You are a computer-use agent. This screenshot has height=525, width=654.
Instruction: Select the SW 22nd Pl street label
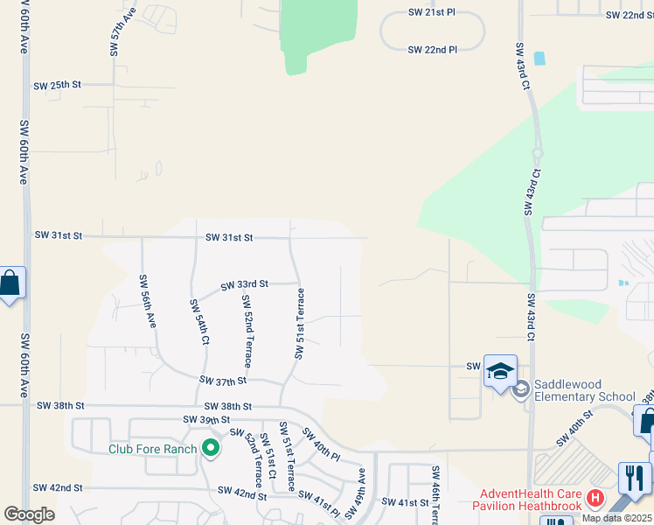pos(432,50)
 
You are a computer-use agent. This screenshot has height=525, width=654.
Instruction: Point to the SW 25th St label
pos(57,85)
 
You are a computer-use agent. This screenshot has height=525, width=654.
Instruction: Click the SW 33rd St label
pos(244,285)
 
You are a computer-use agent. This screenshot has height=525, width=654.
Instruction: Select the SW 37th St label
pos(223,381)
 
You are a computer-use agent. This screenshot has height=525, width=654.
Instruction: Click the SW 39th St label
pos(206,420)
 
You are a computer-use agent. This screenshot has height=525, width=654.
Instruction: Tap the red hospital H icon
pos(595,499)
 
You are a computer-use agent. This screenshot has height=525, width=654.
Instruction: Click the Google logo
pos(29,514)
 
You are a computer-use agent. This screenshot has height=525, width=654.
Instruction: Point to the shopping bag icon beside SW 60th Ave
pos(10,283)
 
